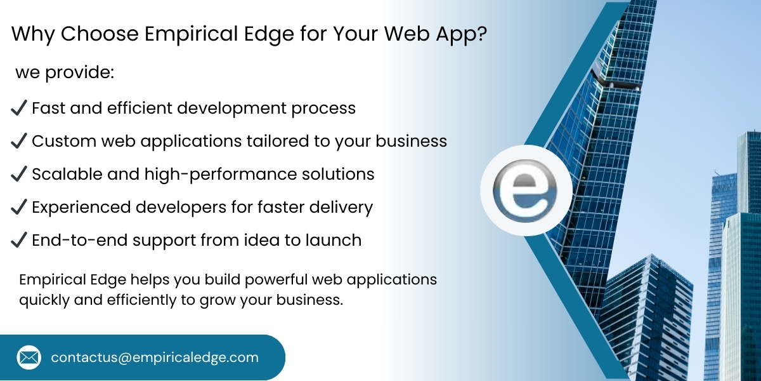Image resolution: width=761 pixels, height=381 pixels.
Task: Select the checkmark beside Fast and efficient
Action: [x=19, y=109]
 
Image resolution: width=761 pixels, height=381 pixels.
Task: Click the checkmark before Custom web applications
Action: [x=19, y=141]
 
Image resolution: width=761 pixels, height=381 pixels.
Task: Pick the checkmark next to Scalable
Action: [x=19, y=174]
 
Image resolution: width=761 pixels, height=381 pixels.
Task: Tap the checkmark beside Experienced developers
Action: [x=19, y=207]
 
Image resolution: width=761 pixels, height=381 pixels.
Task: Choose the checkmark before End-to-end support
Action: [x=19, y=241]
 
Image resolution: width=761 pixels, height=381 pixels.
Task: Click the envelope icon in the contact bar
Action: [x=29, y=358]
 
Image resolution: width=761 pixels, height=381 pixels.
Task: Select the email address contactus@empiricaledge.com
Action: [x=155, y=358]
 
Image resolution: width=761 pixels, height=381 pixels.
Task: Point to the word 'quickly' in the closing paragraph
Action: [x=44, y=300]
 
